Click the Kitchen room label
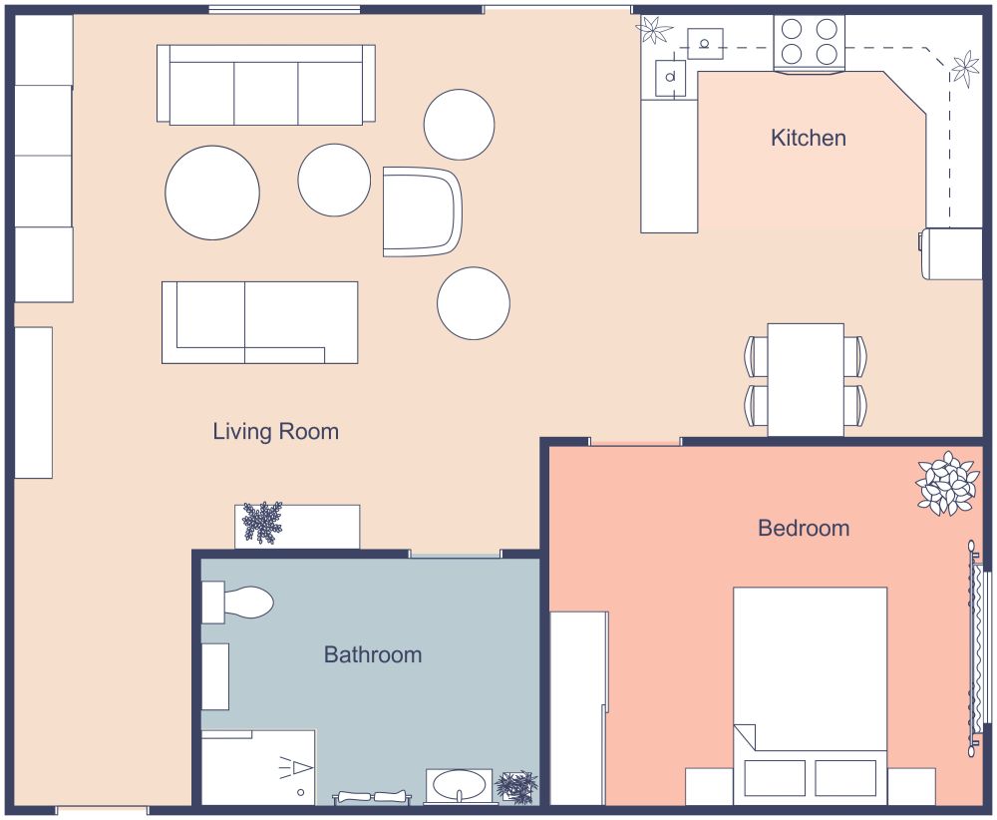tap(808, 138)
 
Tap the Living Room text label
tap(275, 432)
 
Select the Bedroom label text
tap(804, 528)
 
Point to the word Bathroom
tap(372, 655)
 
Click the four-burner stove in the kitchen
tap(809, 42)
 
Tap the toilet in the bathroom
tap(239, 603)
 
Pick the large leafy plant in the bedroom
tap(945, 484)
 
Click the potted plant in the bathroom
tap(516, 785)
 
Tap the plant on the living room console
tap(262, 522)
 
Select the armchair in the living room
tap(423, 211)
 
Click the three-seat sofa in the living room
tap(265, 85)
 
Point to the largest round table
tap(212, 193)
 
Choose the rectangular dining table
tap(806, 379)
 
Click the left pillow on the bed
tap(775, 778)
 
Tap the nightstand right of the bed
tap(911, 786)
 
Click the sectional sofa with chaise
tap(259, 321)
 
